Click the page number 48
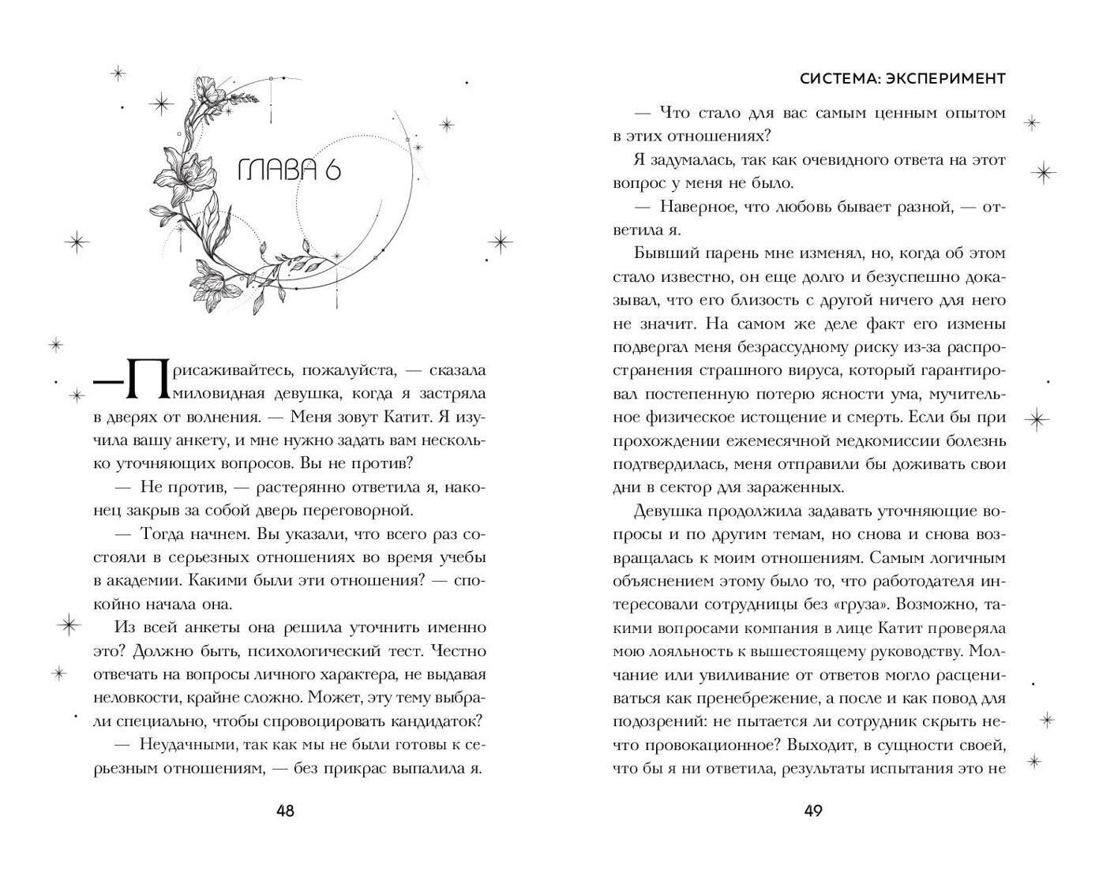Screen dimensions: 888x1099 285,811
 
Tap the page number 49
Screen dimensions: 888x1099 812,811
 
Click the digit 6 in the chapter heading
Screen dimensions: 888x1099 332,169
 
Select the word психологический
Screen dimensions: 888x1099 291,651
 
